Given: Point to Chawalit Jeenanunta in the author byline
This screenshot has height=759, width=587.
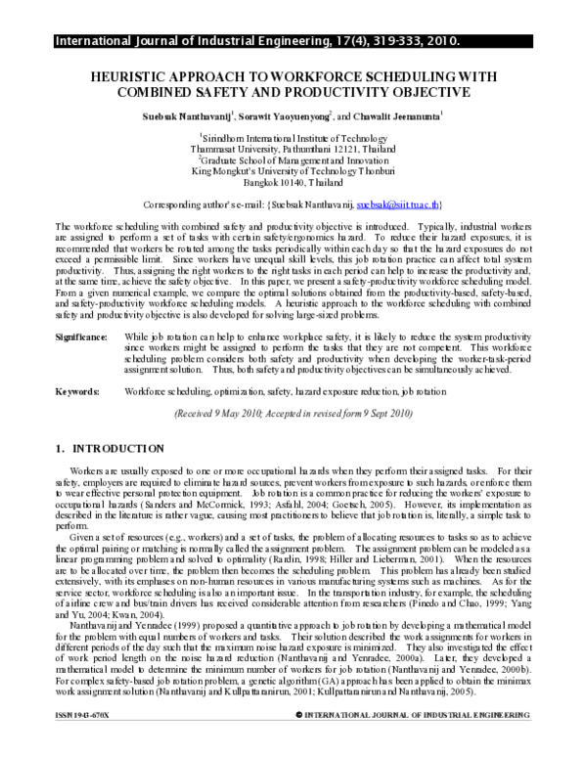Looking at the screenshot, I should click(x=388, y=115).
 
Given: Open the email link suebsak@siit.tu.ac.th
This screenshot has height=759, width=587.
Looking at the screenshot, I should click(x=398, y=205).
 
